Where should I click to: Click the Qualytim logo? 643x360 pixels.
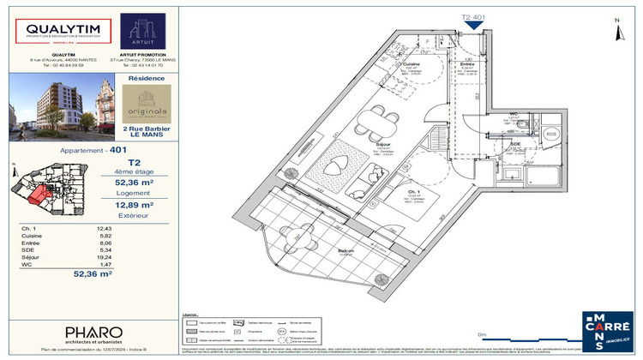58,32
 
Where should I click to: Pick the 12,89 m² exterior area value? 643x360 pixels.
135,205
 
